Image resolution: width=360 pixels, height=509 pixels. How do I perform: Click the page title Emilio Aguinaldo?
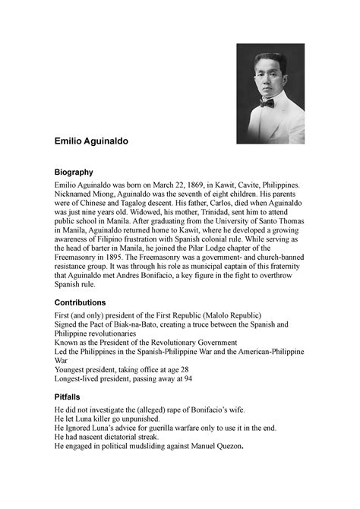tap(95, 141)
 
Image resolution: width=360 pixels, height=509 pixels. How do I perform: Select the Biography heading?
tap(73, 172)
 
